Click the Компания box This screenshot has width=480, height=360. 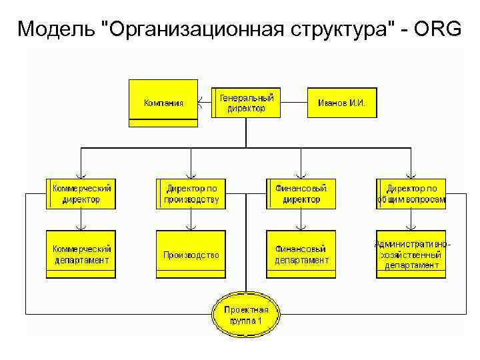(x=163, y=103)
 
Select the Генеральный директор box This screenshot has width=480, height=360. (x=246, y=103)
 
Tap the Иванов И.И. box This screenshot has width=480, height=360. (x=341, y=103)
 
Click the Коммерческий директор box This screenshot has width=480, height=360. (x=81, y=193)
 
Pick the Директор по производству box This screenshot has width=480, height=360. (x=191, y=193)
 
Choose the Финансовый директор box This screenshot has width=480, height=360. (x=301, y=193)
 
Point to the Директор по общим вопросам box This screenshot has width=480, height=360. (x=411, y=193)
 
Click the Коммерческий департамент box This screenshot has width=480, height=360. (x=81, y=254)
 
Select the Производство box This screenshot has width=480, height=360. (x=191, y=254)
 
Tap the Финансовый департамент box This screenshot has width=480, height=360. (x=301, y=254)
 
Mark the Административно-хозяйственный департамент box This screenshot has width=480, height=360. (x=411, y=254)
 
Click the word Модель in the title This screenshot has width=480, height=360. (x=56, y=29)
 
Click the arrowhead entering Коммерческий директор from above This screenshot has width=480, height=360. (x=81, y=175)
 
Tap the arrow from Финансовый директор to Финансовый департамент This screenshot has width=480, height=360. (x=301, y=220)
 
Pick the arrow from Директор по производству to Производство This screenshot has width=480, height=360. (x=191, y=220)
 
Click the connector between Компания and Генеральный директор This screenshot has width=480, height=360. (x=205, y=103)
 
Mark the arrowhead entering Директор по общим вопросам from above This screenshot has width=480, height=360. (x=411, y=175)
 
